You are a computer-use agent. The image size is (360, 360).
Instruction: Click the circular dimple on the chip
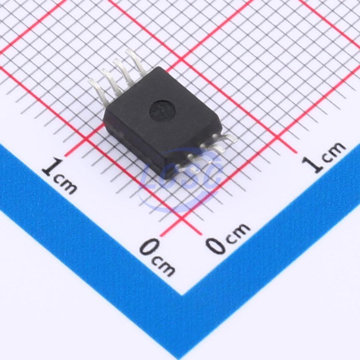tap(162, 111)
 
